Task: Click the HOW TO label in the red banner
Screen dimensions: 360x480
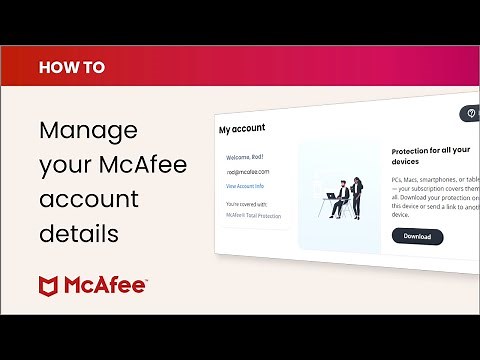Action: click(x=71, y=68)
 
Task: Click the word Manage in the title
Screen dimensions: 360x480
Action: click(x=88, y=131)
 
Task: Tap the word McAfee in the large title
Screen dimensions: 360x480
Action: click(x=143, y=165)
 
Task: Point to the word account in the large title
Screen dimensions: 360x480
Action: click(x=88, y=199)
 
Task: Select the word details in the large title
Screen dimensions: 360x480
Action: click(x=79, y=234)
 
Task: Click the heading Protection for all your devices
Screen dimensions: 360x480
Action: click(x=431, y=155)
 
